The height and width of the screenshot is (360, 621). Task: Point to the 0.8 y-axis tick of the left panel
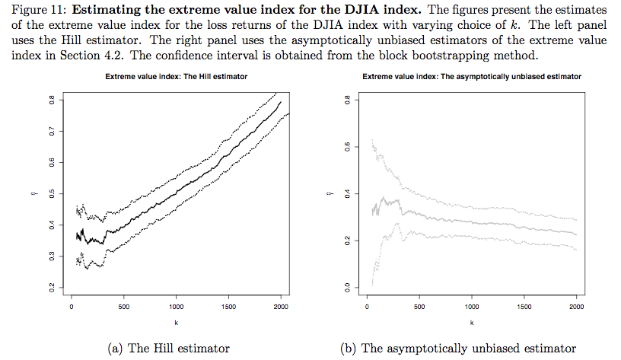pyautogui.click(x=52, y=100)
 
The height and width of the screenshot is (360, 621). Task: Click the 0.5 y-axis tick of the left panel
pyautogui.click(x=52, y=193)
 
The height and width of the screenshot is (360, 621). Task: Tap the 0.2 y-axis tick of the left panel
pyautogui.click(x=52, y=287)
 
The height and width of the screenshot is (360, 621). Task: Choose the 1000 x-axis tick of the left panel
pyautogui.click(x=176, y=307)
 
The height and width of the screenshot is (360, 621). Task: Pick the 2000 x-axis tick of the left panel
pyautogui.click(x=281, y=307)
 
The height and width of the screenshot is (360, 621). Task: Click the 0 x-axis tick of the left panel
pyautogui.click(x=71, y=307)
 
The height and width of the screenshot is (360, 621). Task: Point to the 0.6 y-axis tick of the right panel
pyautogui.click(x=346, y=147)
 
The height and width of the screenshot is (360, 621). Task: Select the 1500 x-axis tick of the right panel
pyautogui.click(x=524, y=307)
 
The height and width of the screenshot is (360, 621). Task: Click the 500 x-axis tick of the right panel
pyautogui.click(x=419, y=307)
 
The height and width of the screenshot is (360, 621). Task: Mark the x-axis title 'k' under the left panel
pyautogui.click(x=176, y=322)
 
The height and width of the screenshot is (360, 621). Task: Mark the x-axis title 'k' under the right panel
pyautogui.click(x=472, y=322)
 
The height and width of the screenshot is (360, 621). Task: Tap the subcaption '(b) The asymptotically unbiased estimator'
pyautogui.click(x=459, y=349)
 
